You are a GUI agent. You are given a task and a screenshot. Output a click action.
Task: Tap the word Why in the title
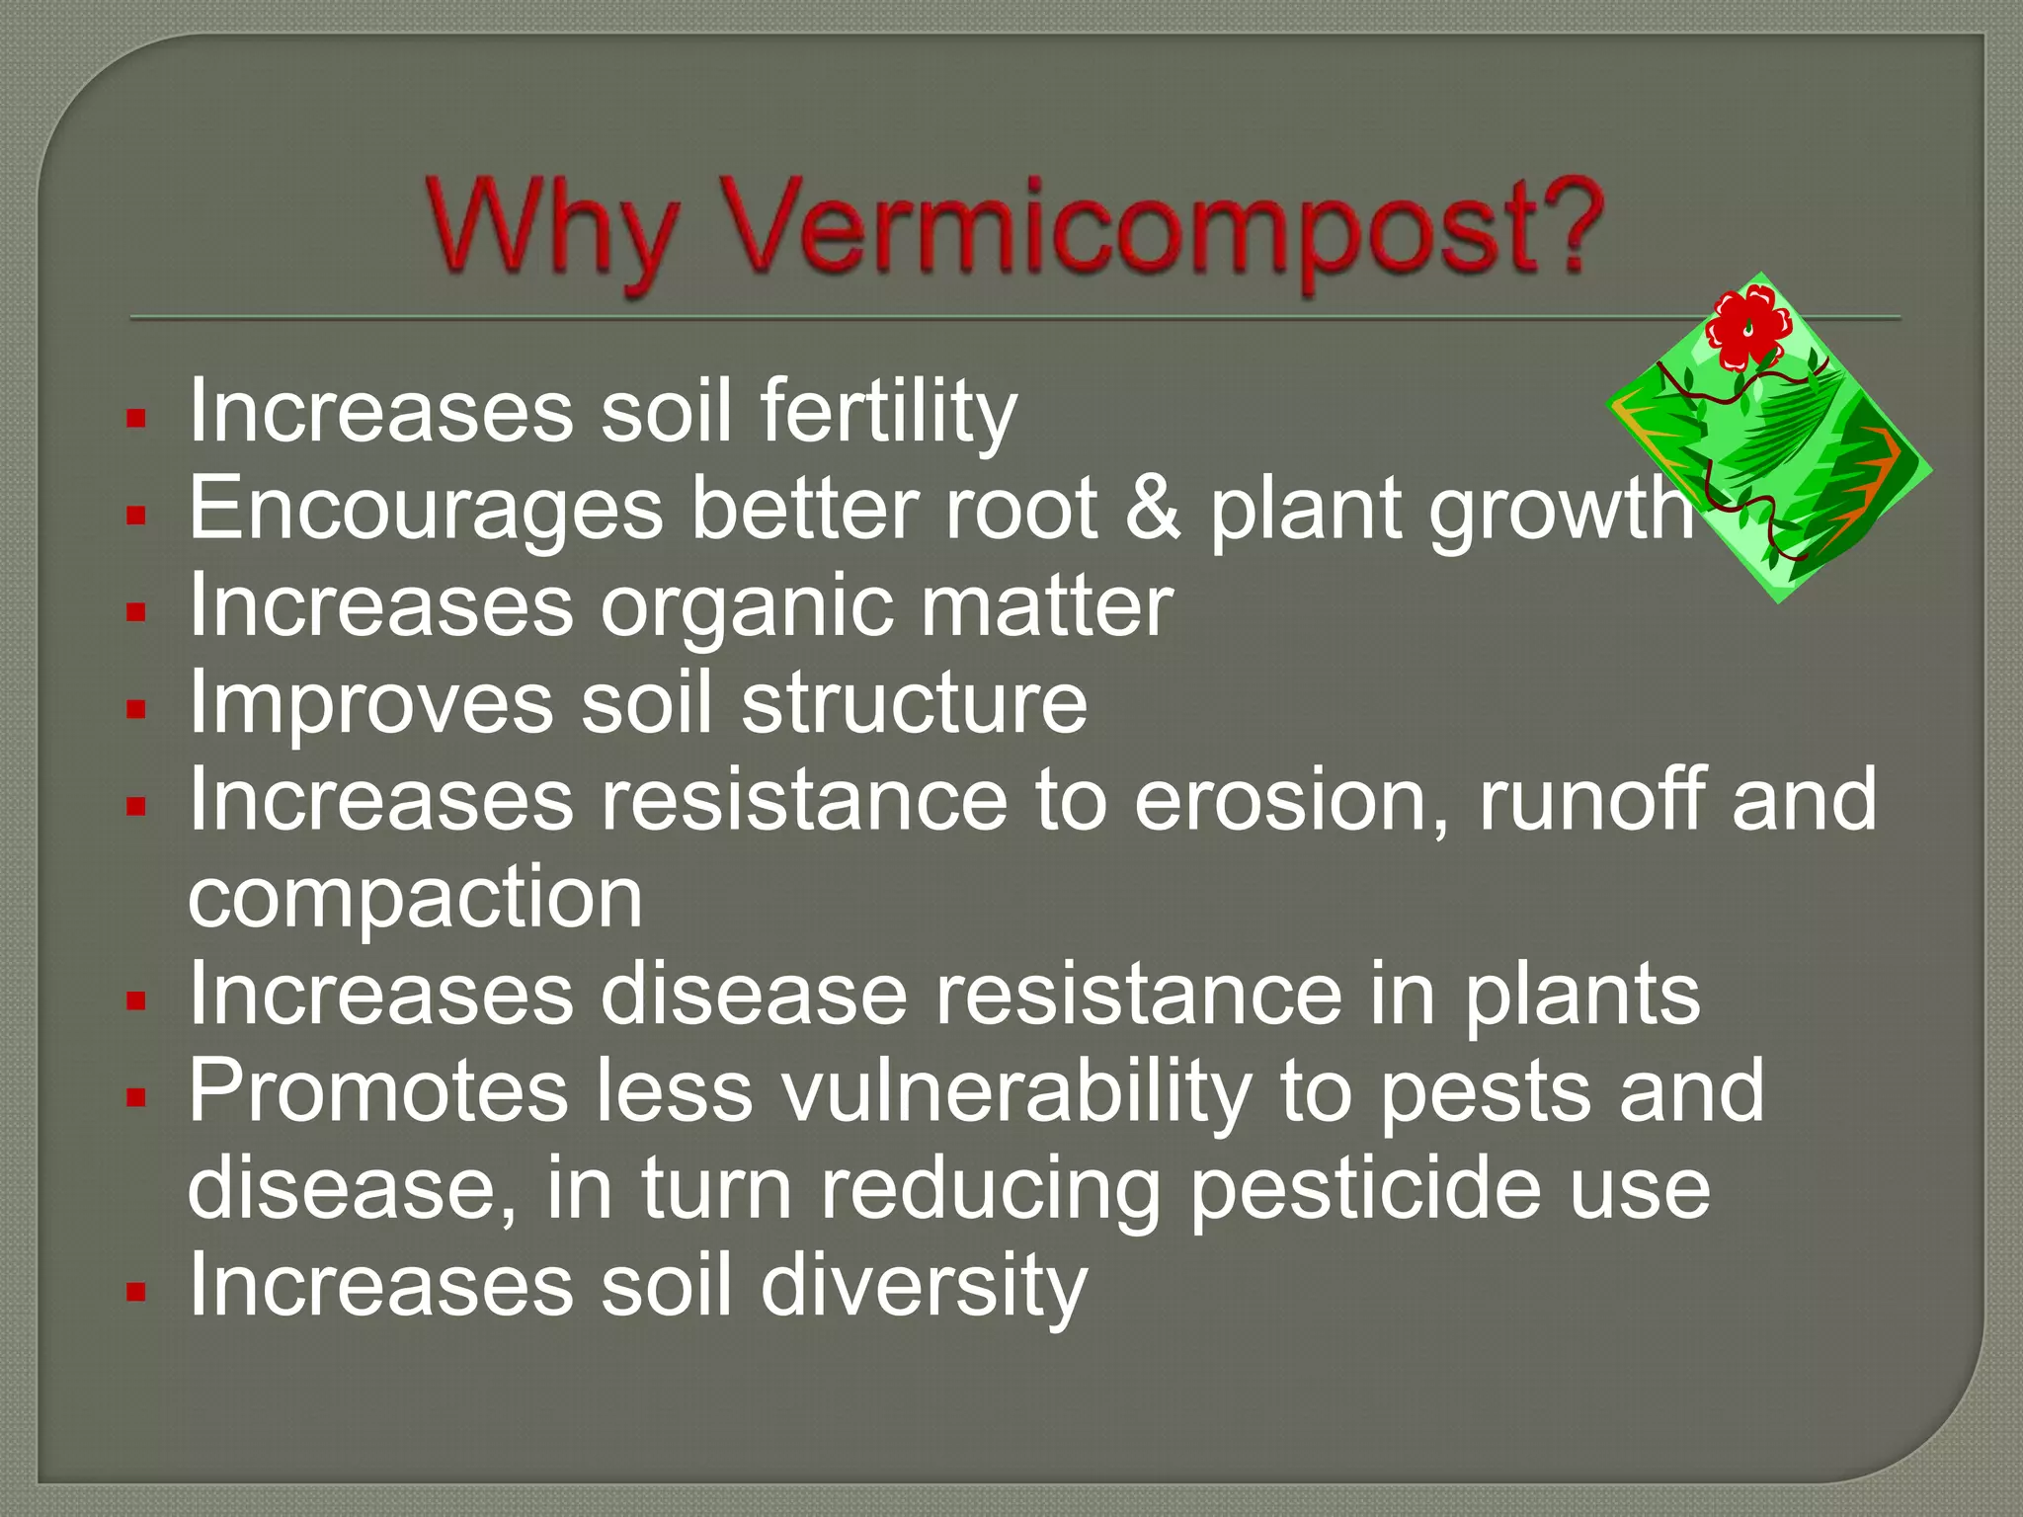tap(554, 229)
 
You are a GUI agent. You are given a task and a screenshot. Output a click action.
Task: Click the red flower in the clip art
tap(1748, 325)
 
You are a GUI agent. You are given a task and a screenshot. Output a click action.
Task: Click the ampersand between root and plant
tap(1154, 508)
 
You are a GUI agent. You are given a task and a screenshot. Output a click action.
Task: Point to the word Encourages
tap(426, 508)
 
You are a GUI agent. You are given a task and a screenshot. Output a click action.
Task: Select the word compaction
tap(415, 897)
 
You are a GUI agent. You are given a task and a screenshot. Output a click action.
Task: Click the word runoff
tap(1590, 799)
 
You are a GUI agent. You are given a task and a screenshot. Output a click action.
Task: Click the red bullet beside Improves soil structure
tap(136, 708)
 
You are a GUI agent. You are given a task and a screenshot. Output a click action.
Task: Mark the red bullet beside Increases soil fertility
tap(136, 418)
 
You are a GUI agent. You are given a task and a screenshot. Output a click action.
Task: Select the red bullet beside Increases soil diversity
tap(136, 1291)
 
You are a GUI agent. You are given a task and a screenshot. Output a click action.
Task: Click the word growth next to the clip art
tap(1561, 510)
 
